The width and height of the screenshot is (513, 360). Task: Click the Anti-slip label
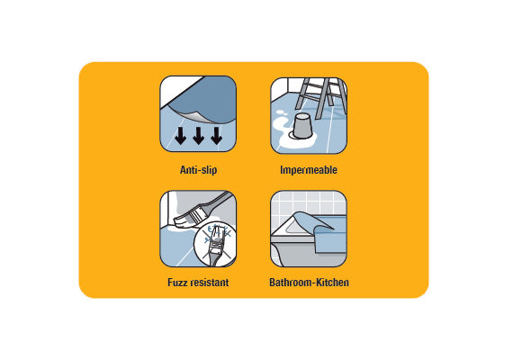click(x=198, y=170)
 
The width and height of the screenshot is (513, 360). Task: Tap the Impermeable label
click(x=309, y=170)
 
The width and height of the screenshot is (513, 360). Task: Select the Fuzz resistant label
click(x=198, y=282)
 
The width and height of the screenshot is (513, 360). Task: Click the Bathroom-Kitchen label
click(x=309, y=282)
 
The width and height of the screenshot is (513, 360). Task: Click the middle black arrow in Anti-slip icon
click(x=198, y=136)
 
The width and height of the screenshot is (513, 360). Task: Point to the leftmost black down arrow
click(x=180, y=136)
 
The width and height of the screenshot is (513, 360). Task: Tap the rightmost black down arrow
click(x=216, y=136)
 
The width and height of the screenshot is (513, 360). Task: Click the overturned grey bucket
click(x=302, y=126)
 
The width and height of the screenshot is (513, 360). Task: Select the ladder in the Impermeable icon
click(x=320, y=96)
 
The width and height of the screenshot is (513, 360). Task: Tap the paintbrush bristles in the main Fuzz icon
click(x=188, y=219)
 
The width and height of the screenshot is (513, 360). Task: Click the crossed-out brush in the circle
click(x=216, y=244)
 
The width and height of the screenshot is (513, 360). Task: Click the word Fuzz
click(x=177, y=282)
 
